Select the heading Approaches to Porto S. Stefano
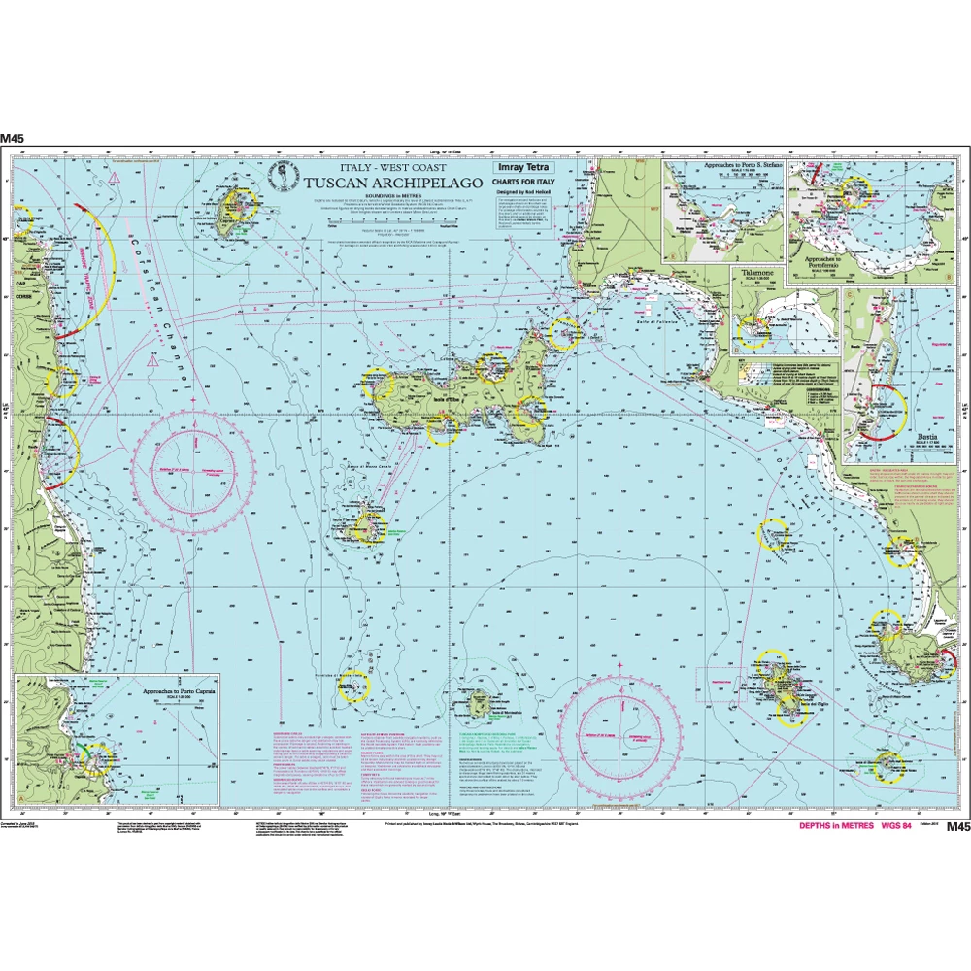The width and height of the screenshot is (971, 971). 723,166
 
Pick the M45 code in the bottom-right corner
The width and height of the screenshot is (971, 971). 957,827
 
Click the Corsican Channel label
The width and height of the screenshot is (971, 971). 146,291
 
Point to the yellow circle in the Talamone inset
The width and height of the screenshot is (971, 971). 753,333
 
